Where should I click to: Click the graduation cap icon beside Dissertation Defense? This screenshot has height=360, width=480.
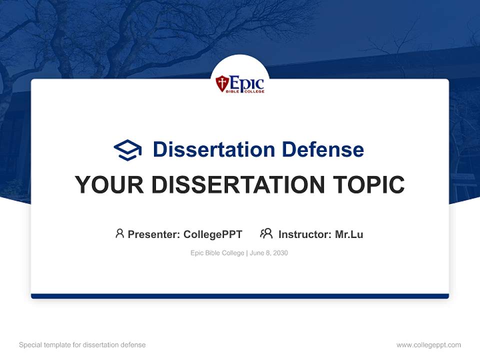[127, 150]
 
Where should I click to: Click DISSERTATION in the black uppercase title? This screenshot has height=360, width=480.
[238, 185]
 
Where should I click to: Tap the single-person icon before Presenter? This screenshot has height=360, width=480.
[119, 233]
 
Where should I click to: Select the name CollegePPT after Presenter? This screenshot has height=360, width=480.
[212, 234]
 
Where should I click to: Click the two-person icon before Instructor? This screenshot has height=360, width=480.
[266, 233]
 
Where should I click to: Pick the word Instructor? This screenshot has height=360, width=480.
[304, 234]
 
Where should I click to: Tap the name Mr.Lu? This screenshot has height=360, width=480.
[349, 234]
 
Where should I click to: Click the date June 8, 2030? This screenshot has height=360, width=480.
[269, 253]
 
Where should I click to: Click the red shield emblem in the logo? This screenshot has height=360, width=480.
[221, 83]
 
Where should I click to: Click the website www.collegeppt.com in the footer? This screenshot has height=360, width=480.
[428, 345]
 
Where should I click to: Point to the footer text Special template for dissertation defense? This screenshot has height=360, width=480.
[82, 345]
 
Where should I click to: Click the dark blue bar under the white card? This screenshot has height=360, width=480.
[240, 296]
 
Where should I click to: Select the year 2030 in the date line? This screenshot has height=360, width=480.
[280, 253]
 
